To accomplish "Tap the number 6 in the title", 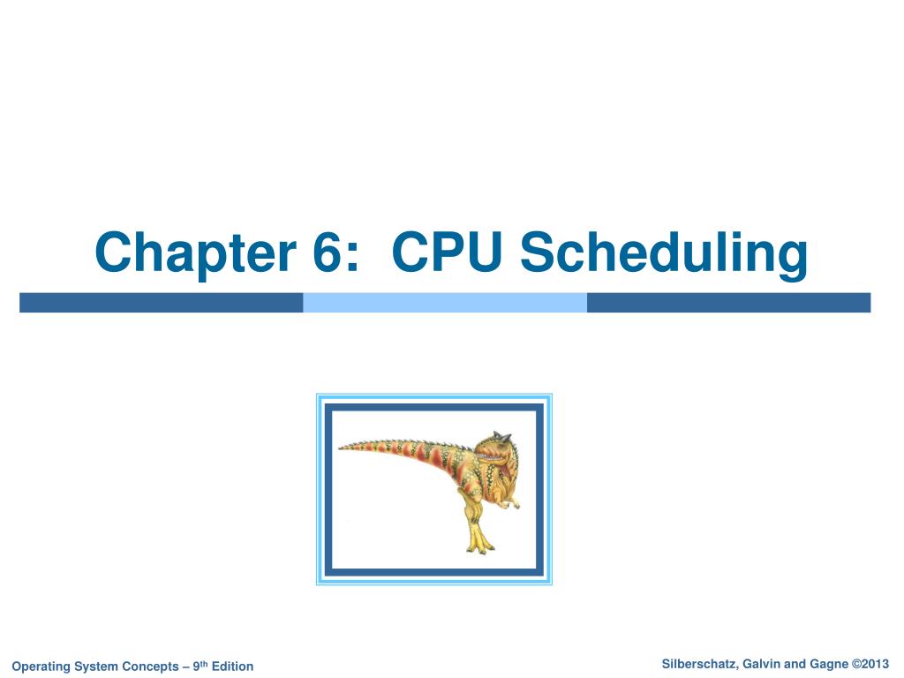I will coord(331,252).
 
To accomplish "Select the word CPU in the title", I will coord(447,252).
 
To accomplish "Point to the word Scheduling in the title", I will coord(663,254).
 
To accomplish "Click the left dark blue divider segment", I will coord(161,303).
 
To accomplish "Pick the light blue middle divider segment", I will coord(445,303).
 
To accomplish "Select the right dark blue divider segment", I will coord(728,303).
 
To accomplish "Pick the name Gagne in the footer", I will coord(825,664).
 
